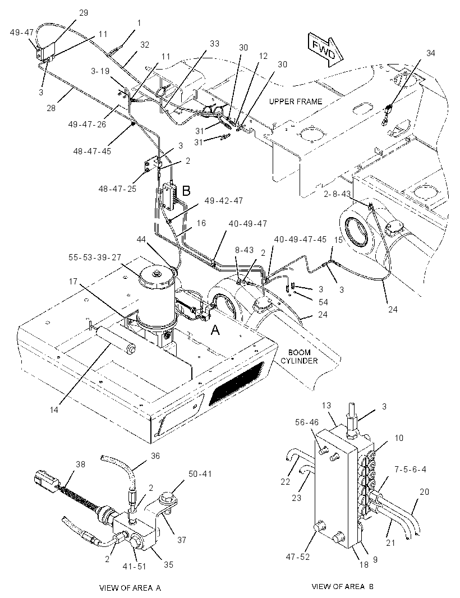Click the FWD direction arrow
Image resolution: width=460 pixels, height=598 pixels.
tap(325, 49)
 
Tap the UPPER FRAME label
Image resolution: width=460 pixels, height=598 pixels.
tap(295, 102)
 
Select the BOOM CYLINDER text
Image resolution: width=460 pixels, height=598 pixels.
tap(300, 356)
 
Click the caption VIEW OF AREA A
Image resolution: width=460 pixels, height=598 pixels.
tap(130, 588)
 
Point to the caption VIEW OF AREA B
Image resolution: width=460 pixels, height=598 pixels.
tap(343, 587)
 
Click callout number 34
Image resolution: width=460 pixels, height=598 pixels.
tap(430, 53)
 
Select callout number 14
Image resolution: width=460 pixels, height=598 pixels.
tap(54, 410)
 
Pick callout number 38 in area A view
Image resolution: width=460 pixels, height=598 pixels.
tap(80, 464)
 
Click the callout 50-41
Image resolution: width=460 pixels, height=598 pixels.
tap(200, 474)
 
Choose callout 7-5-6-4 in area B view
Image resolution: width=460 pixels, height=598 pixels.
tap(410, 469)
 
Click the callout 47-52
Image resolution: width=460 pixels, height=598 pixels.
tap(298, 557)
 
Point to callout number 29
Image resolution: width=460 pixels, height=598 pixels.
tap(83, 12)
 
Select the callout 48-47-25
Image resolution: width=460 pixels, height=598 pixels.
tap(117, 189)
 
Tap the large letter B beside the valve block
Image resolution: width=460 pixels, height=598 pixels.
tap(186, 191)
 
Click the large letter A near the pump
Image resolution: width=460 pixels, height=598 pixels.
tap(215, 330)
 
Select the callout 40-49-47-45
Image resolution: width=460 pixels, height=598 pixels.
tap(300, 239)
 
